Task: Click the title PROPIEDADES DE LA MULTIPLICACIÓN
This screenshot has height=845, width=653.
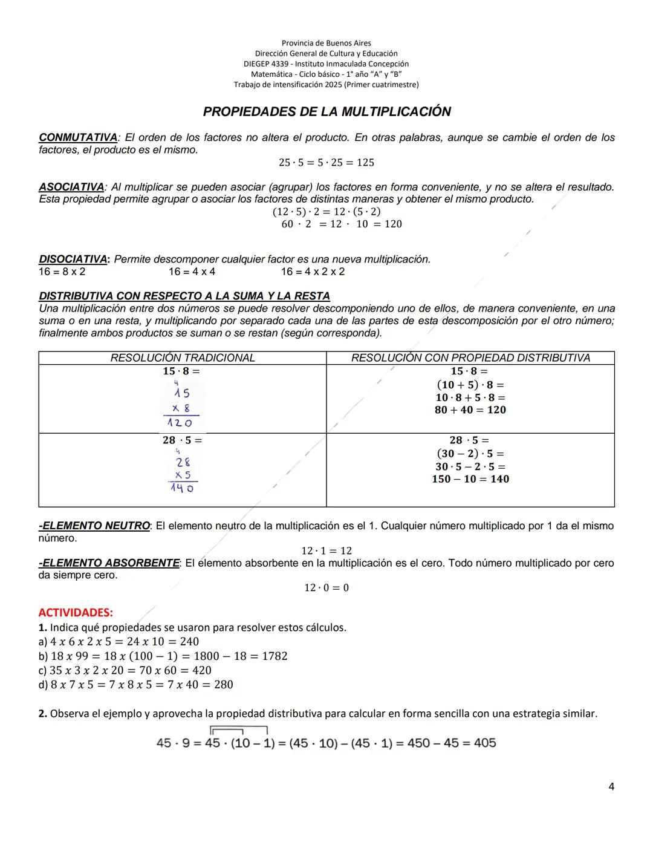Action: click(326, 112)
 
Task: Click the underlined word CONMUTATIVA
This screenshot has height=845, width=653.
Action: click(78, 138)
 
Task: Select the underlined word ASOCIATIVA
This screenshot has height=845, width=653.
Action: click(71, 188)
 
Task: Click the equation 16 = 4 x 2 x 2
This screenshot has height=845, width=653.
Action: click(313, 272)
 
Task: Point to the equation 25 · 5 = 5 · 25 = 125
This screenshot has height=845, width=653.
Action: click(326, 163)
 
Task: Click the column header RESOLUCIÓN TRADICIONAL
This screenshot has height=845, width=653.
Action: click(183, 358)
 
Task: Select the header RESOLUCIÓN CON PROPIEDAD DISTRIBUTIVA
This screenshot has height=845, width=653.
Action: click(470, 358)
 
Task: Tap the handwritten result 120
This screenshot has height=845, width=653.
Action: click(179, 423)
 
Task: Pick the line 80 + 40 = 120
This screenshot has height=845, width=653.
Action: click(470, 410)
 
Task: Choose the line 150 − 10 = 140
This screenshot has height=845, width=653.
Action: click(470, 479)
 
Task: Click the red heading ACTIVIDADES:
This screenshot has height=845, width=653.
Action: click(76, 613)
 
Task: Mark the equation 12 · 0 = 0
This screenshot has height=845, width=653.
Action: click(326, 588)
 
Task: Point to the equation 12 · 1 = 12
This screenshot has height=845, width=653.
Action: click(326, 551)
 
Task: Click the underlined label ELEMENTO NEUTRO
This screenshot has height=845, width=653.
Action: click(94, 526)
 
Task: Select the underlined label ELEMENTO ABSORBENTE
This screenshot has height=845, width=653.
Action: click(109, 563)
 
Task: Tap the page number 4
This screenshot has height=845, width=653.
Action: click(611, 786)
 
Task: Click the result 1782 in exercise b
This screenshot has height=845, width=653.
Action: click(275, 656)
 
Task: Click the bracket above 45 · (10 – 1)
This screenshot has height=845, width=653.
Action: click(238, 729)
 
